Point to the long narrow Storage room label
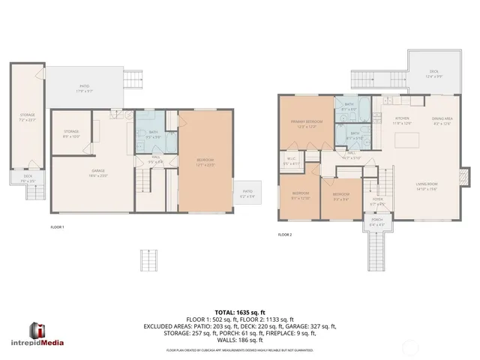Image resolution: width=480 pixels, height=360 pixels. pos(27,117)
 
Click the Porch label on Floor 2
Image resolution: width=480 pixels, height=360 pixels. pos(376,223)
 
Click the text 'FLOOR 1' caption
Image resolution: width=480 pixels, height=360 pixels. pos(57,226)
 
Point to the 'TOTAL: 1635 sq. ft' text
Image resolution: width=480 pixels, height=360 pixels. pos(240,311)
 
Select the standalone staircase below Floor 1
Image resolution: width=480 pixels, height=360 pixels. pos(150,262)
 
